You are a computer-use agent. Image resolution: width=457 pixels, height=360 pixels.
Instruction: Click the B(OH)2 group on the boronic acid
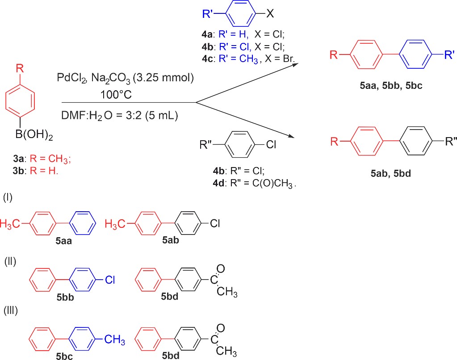pyautogui.click(x=34, y=135)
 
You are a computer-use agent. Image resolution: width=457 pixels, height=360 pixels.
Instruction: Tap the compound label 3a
pyautogui.click(x=19, y=159)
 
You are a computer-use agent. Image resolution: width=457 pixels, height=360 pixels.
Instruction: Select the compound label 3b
pyautogui.click(x=19, y=171)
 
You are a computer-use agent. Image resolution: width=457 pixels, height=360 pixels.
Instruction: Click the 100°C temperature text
pyautogui.click(x=116, y=95)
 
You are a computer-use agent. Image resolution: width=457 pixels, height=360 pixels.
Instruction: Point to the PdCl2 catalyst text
pyautogui.click(x=71, y=78)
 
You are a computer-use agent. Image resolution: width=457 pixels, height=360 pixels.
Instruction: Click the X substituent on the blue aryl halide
pyautogui.click(x=270, y=13)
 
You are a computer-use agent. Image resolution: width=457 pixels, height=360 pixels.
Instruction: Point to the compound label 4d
pyautogui.click(x=219, y=183)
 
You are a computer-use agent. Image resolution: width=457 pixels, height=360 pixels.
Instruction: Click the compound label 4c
pyautogui.click(x=207, y=59)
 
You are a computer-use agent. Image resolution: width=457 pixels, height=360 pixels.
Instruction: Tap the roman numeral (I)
pyautogui.click(x=8, y=197)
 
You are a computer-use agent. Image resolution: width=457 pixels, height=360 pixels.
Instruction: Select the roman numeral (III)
pyautogui.click(x=10, y=310)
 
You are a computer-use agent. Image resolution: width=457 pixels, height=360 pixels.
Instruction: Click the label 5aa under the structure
pyautogui.click(x=63, y=241)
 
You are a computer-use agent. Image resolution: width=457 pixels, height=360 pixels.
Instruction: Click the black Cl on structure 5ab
pyautogui.click(x=215, y=224)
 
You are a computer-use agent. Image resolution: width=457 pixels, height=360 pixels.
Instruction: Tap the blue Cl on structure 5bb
pyautogui.click(x=110, y=280)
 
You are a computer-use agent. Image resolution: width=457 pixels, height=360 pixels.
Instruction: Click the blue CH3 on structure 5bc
pyautogui.click(x=114, y=340)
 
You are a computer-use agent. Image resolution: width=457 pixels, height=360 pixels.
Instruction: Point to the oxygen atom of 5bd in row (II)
pyautogui.click(x=221, y=269)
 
